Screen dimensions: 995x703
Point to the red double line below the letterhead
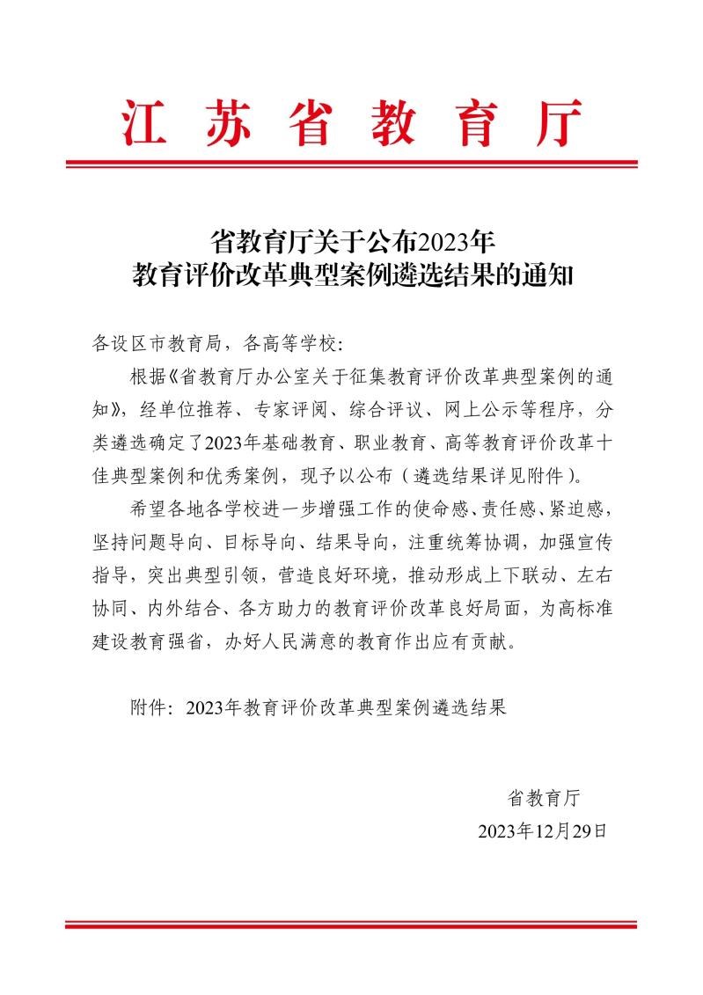coord(351,164)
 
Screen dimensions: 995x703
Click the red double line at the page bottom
coord(351,925)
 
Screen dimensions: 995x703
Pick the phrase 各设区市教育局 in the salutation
coord(153,340)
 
